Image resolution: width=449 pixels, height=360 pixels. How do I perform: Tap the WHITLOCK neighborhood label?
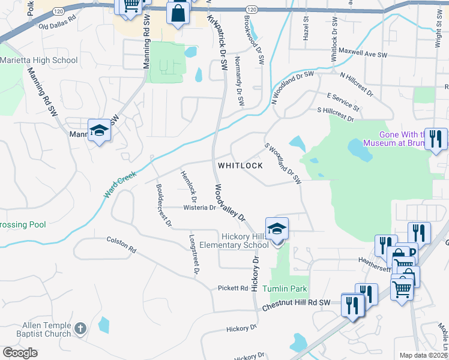240,165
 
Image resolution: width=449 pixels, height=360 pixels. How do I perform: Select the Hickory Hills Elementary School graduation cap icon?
277,229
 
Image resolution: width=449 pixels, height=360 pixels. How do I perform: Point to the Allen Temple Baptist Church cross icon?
80,329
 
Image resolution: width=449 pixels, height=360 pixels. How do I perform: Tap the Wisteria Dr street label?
199,208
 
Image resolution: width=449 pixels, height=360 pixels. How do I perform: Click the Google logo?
20,353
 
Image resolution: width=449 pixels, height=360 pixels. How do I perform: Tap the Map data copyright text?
423,355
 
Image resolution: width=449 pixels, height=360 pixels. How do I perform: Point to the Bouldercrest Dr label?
164,204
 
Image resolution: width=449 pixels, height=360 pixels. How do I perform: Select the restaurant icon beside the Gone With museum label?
436,139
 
